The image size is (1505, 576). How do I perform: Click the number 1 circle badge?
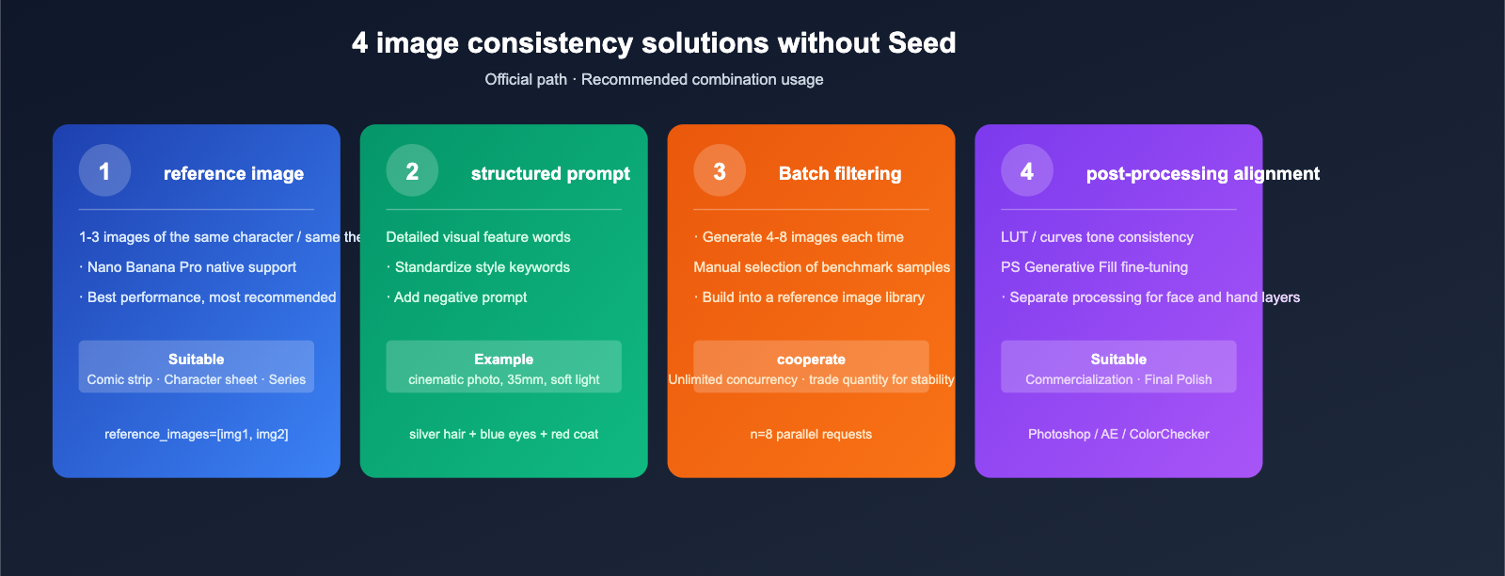(x=104, y=170)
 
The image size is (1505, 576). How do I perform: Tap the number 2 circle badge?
(x=412, y=170)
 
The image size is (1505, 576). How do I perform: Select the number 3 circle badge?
(x=720, y=170)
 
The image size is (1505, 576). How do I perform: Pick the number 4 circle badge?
(x=1027, y=170)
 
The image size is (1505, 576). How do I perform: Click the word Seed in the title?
(x=920, y=43)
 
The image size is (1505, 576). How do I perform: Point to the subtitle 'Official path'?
(x=525, y=80)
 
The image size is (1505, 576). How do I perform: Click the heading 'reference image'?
(x=233, y=174)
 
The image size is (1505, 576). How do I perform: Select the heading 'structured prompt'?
(x=550, y=174)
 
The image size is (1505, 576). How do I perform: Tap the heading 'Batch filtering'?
(x=840, y=174)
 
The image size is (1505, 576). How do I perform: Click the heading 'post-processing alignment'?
(x=1202, y=174)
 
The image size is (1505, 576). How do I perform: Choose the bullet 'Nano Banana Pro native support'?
(x=191, y=267)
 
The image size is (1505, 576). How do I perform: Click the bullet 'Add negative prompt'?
(x=460, y=297)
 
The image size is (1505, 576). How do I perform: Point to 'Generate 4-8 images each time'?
(x=802, y=237)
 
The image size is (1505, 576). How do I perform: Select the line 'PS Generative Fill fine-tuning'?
(x=1094, y=267)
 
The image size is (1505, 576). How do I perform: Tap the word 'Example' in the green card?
(x=503, y=360)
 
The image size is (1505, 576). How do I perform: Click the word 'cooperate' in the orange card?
(x=811, y=360)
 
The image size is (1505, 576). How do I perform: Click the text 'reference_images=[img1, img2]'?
(x=197, y=434)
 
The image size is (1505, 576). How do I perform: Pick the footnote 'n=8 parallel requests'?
(x=811, y=434)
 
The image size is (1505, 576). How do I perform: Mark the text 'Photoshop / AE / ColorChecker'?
(x=1118, y=434)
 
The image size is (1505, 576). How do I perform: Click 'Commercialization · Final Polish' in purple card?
(x=1118, y=380)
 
